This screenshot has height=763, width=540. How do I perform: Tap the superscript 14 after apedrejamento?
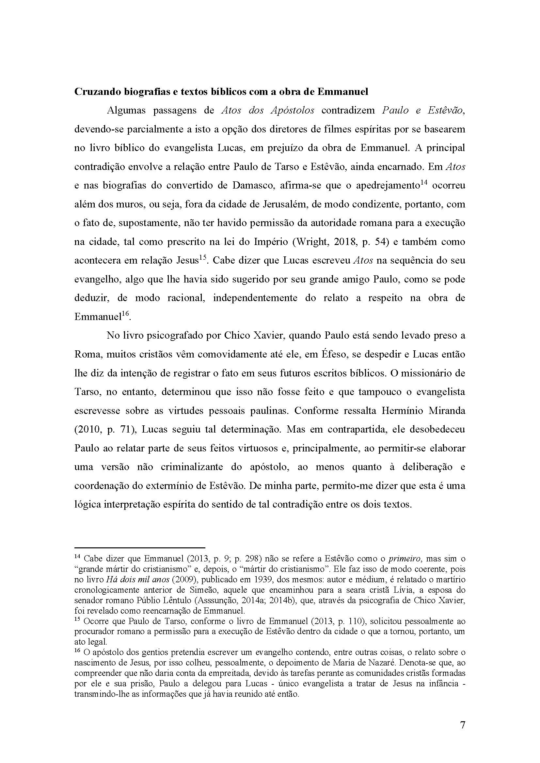[423, 182]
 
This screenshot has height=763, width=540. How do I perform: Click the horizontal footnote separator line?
[140, 547]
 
